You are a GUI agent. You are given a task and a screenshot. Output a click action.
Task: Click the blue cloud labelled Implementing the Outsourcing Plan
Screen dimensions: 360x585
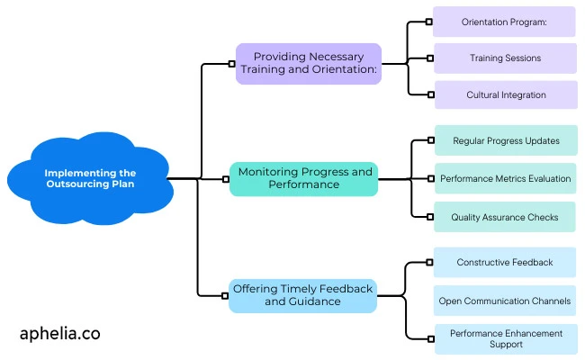tap(90, 178)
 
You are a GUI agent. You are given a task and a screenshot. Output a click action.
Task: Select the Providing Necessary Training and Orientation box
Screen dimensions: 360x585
tap(308, 64)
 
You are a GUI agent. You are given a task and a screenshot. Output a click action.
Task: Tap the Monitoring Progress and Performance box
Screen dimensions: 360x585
tap(303, 178)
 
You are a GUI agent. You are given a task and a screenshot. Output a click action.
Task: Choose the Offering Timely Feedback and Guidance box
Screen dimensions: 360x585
tap(301, 294)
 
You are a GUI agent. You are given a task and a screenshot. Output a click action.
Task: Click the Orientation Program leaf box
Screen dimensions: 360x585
tap(504, 22)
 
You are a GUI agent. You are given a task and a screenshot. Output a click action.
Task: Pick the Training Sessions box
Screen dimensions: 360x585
tap(505, 58)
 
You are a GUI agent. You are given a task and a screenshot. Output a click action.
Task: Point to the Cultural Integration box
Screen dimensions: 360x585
tap(505, 94)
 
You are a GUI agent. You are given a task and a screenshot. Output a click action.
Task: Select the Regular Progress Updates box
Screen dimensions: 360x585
tap(506, 140)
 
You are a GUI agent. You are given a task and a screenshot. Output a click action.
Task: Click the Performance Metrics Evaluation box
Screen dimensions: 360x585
tap(505, 178)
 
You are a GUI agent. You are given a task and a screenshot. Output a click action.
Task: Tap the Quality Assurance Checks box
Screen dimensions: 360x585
tap(505, 217)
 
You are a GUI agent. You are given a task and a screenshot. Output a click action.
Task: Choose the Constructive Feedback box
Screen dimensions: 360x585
tap(504, 262)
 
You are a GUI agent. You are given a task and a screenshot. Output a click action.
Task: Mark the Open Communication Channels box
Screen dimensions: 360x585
tap(504, 301)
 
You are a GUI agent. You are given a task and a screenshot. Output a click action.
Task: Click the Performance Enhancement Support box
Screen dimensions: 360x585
tap(506, 338)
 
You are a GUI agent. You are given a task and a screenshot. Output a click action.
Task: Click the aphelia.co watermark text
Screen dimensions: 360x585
tap(59, 333)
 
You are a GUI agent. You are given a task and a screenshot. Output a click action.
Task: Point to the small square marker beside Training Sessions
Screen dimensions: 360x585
tap(431, 58)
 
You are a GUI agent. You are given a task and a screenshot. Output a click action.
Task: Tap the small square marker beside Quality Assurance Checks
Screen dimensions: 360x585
tap(431, 217)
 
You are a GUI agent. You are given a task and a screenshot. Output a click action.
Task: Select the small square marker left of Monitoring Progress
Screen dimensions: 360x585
tap(226, 179)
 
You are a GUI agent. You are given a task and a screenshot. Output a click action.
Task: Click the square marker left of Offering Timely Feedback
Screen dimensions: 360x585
tap(225, 295)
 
